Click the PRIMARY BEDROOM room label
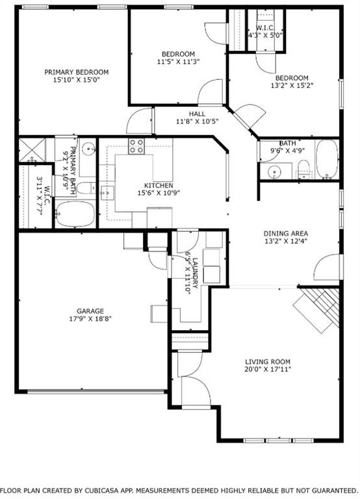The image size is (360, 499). point(76,72)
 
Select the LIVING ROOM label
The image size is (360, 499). point(267,362)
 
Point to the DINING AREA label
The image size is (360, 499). point(285,234)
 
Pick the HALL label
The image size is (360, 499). point(197,114)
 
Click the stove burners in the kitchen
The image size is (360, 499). point(136,147)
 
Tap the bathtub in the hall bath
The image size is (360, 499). point(326,160)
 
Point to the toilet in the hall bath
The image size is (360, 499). point(304,172)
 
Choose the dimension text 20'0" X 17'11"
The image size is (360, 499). point(267,370)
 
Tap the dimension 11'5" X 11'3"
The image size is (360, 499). point(178,62)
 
